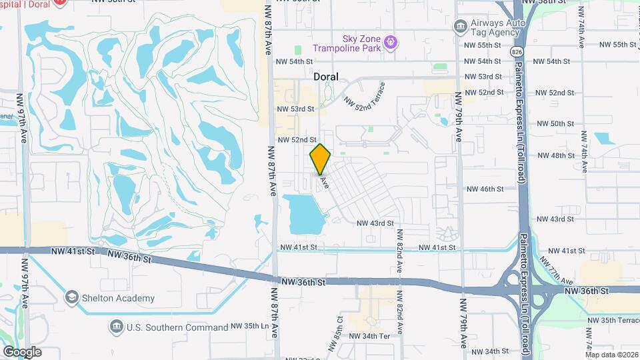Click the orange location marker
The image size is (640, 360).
coord(321,159)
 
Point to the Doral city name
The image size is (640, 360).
coord(326,77)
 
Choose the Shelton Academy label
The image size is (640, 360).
coord(119,298)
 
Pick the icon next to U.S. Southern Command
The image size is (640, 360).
coord(116,327)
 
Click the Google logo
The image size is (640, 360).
coord(21,352)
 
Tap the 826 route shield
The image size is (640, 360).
coord(519,51)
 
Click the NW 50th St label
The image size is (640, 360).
coord(555,124)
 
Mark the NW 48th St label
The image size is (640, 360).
coord(555,155)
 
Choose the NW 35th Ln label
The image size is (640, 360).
coord(253,327)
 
